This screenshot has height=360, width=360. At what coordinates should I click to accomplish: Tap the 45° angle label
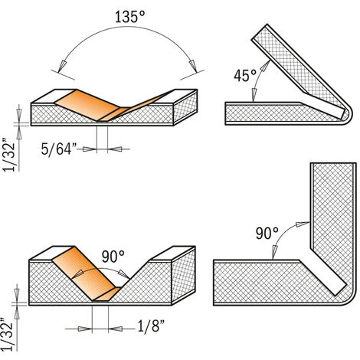[x=244, y=75]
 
